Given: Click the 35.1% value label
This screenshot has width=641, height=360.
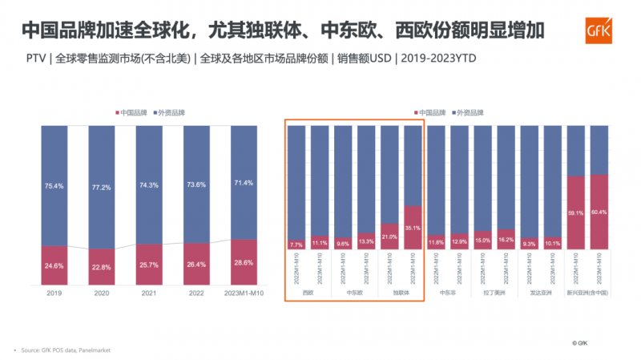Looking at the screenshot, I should (x=413, y=227).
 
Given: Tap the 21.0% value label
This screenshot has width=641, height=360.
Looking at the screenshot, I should (x=389, y=237).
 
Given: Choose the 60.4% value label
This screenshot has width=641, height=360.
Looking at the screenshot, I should (x=599, y=212).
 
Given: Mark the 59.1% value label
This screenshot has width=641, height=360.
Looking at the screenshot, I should (x=575, y=213).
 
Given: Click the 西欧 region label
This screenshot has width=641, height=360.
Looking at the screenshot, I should (x=308, y=293).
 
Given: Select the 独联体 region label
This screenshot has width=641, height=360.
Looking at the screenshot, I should (x=401, y=293).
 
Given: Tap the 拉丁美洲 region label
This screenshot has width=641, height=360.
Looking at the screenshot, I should (x=494, y=293).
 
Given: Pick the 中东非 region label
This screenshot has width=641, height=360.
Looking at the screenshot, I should (x=448, y=293).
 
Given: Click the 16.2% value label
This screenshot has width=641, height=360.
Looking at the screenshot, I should (x=506, y=240).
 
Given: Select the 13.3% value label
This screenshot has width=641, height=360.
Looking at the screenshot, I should (x=366, y=241).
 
